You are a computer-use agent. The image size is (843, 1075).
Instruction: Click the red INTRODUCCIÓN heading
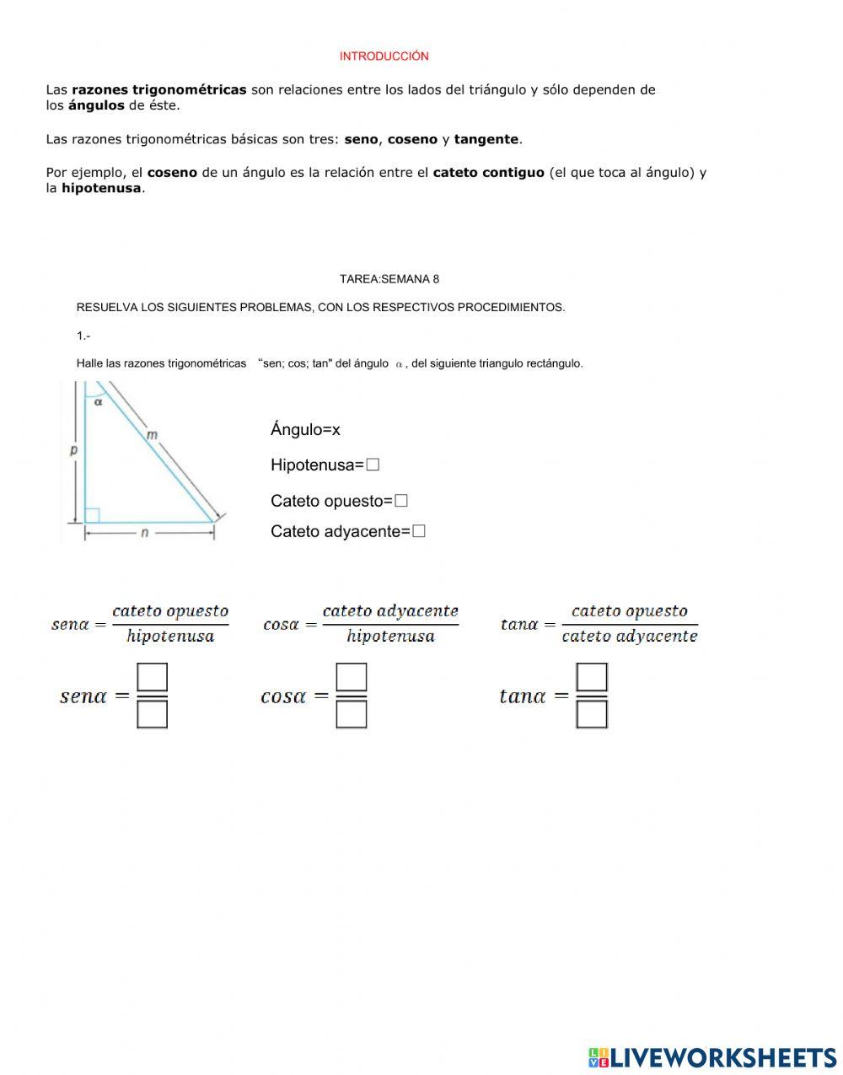tap(384, 56)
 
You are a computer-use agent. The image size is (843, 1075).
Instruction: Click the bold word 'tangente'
tap(486, 139)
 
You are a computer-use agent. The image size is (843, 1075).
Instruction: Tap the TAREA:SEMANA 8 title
tap(389, 279)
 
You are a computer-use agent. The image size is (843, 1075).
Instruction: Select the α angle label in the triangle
tap(99, 402)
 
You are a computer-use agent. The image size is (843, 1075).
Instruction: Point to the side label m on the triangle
tap(152, 435)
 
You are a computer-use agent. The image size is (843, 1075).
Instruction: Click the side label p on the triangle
tap(73, 450)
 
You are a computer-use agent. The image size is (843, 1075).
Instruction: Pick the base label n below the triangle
tap(144, 533)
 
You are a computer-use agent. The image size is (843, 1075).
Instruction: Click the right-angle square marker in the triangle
tap(93, 514)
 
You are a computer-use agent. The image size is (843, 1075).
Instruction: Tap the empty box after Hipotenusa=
tap(373, 465)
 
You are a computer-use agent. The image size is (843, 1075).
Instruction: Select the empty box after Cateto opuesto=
tap(401, 501)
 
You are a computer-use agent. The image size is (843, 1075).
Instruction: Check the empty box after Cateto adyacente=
tap(419, 531)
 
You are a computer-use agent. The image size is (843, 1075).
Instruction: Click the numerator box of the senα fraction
tap(153, 677)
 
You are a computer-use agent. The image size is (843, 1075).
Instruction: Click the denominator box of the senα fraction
tap(153, 715)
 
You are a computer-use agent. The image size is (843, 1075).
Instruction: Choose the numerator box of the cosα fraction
tap(352, 677)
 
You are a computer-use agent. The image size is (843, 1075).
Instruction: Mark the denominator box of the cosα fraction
tap(352, 715)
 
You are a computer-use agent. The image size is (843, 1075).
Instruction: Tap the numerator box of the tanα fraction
tap(592, 677)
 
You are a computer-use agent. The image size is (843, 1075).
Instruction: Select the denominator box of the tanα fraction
tap(592, 715)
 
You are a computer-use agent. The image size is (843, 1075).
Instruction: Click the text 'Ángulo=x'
tap(305, 430)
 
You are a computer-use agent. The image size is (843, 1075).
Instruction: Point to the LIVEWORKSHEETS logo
tap(712, 1057)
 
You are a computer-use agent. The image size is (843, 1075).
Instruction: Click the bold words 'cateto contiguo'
tap(488, 173)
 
